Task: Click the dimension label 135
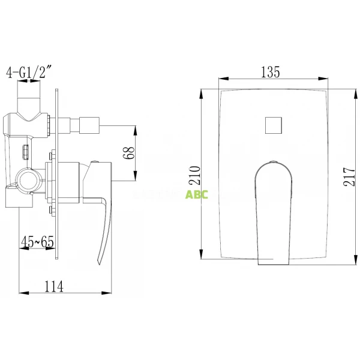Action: (x=271, y=73)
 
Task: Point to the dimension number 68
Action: (x=127, y=152)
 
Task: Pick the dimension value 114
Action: (x=54, y=286)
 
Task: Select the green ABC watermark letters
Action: (x=197, y=194)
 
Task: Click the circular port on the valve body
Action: (x=28, y=178)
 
